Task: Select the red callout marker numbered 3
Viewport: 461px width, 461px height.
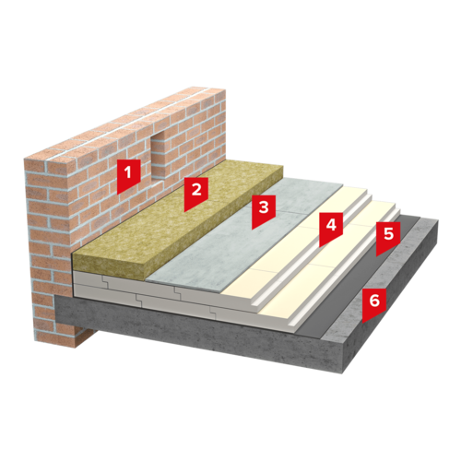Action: [264, 210]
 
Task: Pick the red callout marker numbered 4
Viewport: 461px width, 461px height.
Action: [331, 228]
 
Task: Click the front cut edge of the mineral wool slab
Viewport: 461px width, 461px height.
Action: [111, 266]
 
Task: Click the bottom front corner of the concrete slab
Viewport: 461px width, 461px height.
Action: [342, 373]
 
